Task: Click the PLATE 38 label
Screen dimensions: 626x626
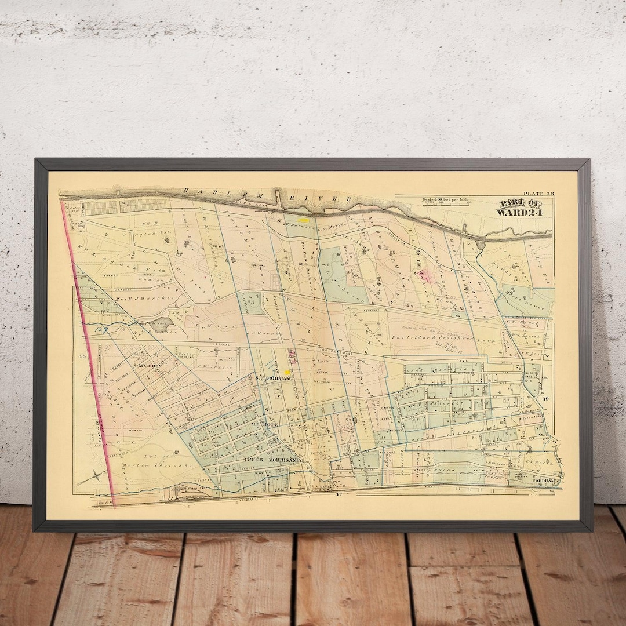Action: tap(538, 194)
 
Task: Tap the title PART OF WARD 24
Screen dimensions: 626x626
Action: tap(521, 208)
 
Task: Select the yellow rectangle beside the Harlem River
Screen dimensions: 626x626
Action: tap(304, 220)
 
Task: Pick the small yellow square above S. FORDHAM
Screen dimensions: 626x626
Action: tap(287, 372)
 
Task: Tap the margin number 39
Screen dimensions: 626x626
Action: tap(545, 399)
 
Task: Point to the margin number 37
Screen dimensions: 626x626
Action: tap(340, 494)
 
